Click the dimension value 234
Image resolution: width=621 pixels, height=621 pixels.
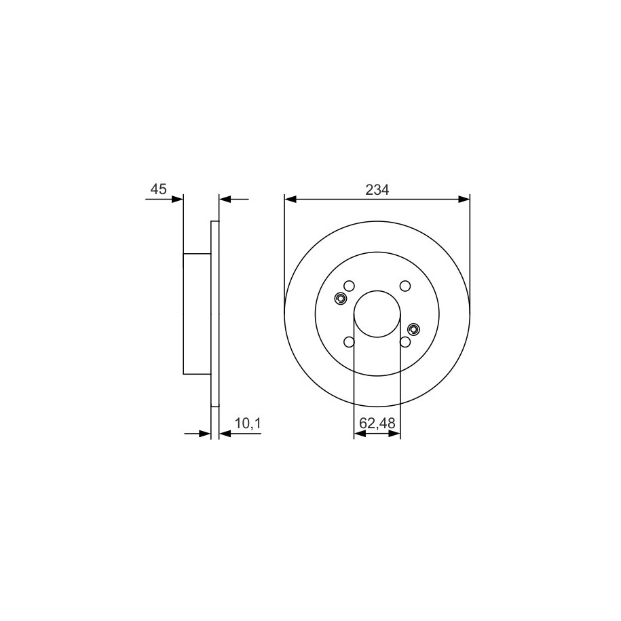coord(377,190)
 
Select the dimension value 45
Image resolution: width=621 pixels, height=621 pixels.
coord(158,189)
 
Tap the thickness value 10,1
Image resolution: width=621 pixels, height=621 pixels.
coord(248,424)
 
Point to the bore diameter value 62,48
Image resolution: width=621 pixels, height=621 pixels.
coord(377,424)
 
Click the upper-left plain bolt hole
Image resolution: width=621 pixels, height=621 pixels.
coord(349,286)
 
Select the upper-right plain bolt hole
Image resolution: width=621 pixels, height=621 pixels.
coord(404,286)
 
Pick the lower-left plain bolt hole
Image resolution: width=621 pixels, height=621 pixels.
coord(349,341)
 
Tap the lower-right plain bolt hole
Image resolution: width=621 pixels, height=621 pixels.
coord(404,341)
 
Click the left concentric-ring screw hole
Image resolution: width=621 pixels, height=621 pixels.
coord(341,299)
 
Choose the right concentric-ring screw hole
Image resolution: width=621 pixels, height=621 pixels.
coord(413,328)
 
